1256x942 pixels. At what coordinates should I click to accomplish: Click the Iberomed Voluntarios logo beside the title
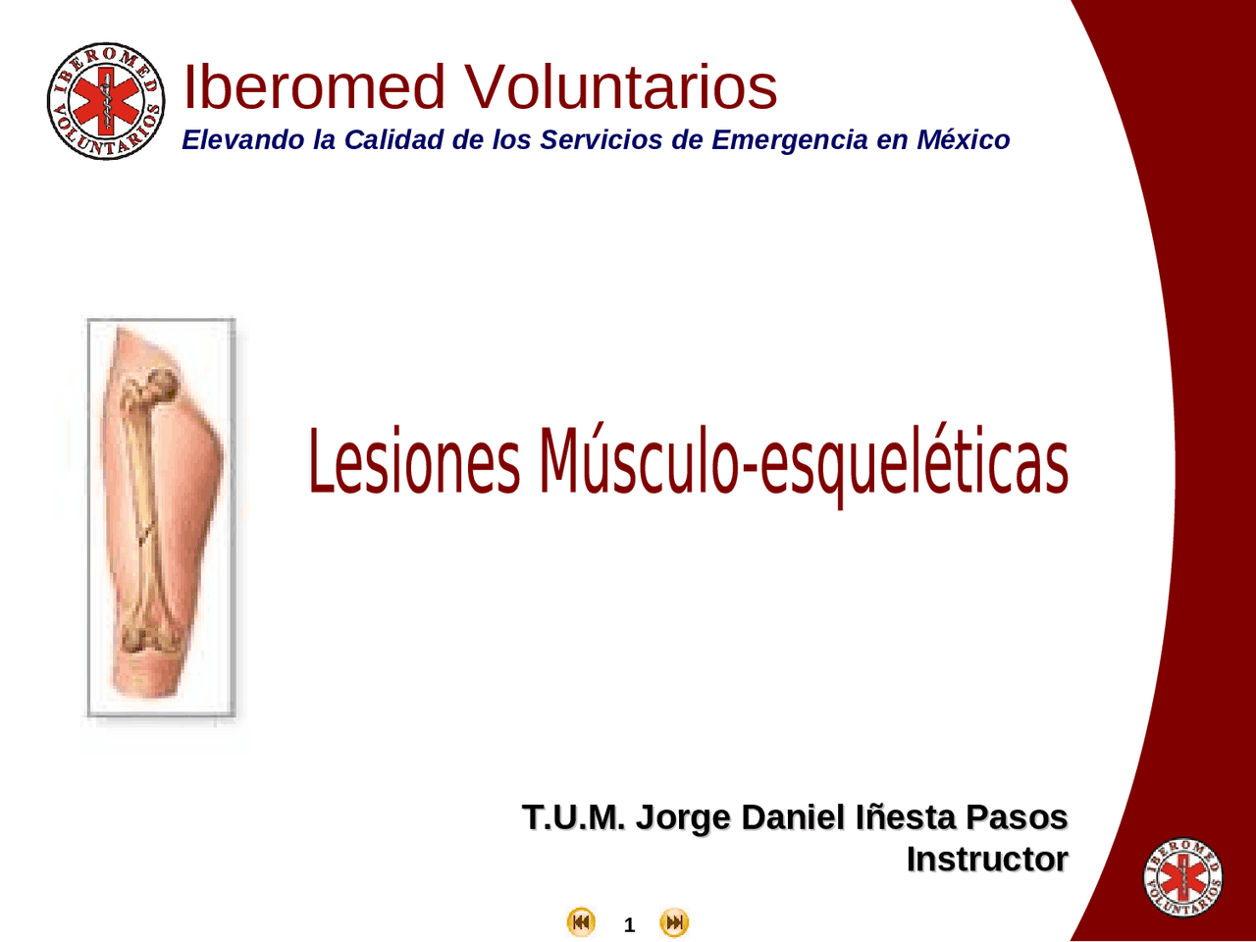(x=106, y=101)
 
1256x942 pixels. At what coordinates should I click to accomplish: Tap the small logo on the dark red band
(x=1182, y=877)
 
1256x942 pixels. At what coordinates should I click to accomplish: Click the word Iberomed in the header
(x=314, y=86)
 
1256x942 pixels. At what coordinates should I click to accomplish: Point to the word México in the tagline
(x=963, y=140)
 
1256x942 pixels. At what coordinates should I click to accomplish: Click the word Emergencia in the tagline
(x=790, y=140)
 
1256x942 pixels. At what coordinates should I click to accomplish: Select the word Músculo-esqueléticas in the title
(x=803, y=464)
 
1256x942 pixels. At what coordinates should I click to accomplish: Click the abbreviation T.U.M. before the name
(x=572, y=816)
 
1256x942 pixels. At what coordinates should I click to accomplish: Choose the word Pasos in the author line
(x=1017, y=816)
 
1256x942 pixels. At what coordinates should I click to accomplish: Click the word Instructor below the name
(x=986, y=859)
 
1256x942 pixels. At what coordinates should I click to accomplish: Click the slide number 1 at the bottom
(x=629, y=924)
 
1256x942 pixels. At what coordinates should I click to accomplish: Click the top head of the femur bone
(x=161, y=385)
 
